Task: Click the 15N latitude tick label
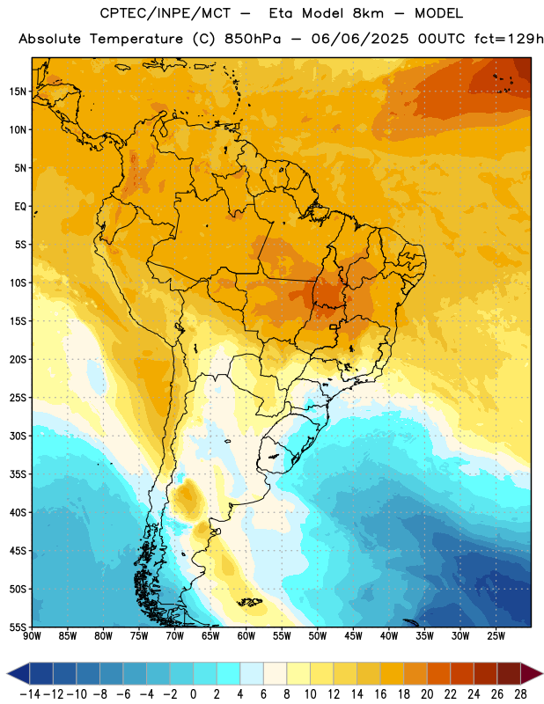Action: click(18, 92)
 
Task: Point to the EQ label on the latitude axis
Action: click(20, 207)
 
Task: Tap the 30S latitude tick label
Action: click(18, 436)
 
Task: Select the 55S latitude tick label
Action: click(18, 627)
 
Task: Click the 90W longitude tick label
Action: click(33, 636)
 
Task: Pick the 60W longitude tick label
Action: click(246, 636)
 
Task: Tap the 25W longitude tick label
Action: click(496, 636)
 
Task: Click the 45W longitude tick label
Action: click(354, 636)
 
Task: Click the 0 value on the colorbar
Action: click(194, 694)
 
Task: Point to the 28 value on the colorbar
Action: click(520, 694)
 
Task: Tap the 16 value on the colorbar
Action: click(380, 694)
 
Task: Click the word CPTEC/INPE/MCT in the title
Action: click(165, 13)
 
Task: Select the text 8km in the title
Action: click(368, 13)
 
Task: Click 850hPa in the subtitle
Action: click(253, 39)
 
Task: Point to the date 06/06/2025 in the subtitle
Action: click(360, 39)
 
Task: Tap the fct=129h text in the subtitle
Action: click(509, 39)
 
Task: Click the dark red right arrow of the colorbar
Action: click(531, 673)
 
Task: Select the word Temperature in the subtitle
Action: click(136, 40)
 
